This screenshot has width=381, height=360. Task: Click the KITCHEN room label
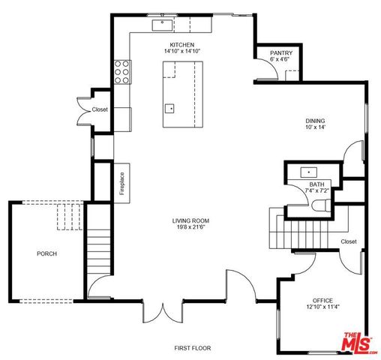pyautogui.click(x=182, y=45)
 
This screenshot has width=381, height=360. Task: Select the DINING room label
pyautogui.click(x=316, y=121)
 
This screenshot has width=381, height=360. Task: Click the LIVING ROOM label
pyautogui.click(x=190, y=220)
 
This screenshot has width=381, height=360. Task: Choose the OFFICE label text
pyautogui.click(x=322, y=299)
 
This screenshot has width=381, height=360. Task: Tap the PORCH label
pyautogui.click(x=46, y=253)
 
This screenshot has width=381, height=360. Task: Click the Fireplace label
pyautogui.click(x=121, y=184)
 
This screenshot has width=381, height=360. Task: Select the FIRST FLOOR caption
pyautogui.click(x=193, y=348)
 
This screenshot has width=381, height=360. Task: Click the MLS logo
pyautogui.click(x=358, y=342)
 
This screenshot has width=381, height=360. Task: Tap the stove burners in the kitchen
pyautogui.click(x=121, y=71)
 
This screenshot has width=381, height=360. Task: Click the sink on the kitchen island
pyautogui.click(x=170, y=107)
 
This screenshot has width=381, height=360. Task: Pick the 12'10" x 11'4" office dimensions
pyautogui.click(x=322, y=307)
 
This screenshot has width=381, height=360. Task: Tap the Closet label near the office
pyautogui.click(x=348, y=241)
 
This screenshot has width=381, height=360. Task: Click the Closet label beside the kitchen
pyautogui.click(x=100, y=109)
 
